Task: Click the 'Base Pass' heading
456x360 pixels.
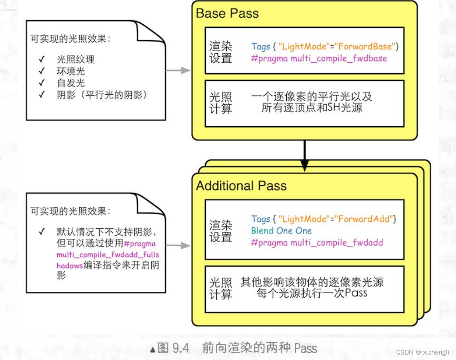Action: click(x=227, y=14)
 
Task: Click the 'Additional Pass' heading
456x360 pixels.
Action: click(x=241, y=186)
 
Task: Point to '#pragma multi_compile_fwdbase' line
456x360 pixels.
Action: click(x=319, y=59)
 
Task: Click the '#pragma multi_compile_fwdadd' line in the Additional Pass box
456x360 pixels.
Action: click(x=317, y=243)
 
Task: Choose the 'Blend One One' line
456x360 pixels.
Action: click(x=281, y=231)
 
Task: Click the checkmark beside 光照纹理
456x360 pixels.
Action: click(x=42, y=59)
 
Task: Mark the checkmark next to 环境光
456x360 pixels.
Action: click(x=42, y=71)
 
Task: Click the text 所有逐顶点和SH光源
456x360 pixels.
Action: click(x=312, y=108)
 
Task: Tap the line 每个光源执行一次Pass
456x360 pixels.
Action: click(x=312, y=293)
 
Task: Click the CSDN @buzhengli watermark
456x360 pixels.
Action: click(x=423, y=352)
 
